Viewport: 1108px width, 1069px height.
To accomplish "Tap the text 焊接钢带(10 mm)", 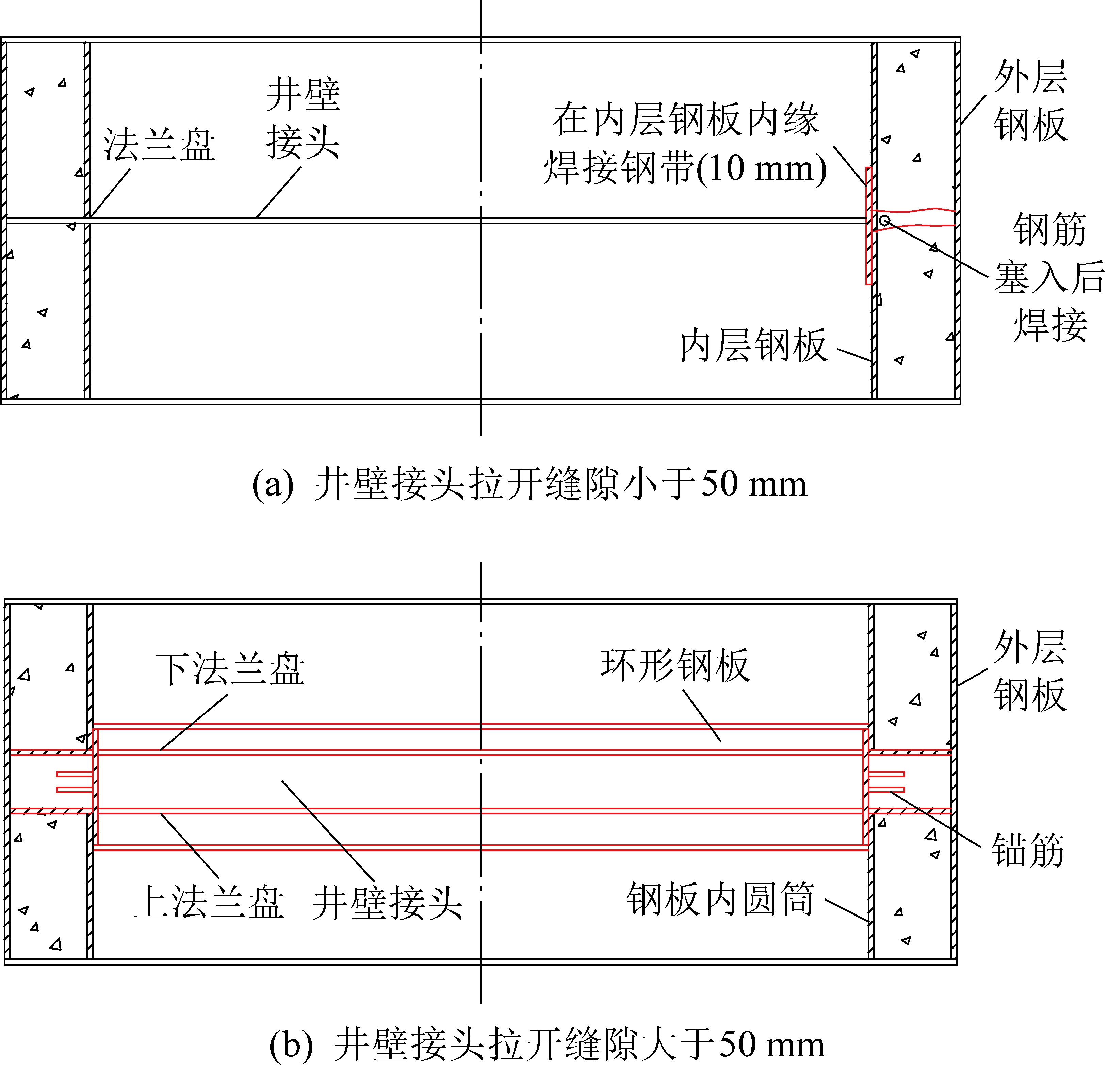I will [685, 168].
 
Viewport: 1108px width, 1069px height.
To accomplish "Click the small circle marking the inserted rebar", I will [885, 220].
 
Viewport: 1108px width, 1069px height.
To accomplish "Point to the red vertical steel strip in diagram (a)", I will [869, 226].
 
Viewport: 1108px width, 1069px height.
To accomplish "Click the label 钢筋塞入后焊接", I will [1049, 277].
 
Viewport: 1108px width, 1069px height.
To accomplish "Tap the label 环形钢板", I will [675, 665].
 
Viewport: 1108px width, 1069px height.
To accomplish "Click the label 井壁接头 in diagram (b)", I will [387, 903].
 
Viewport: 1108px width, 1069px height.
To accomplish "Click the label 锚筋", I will [1028, 850].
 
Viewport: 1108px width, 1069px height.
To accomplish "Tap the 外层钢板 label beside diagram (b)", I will [1030, 671].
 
